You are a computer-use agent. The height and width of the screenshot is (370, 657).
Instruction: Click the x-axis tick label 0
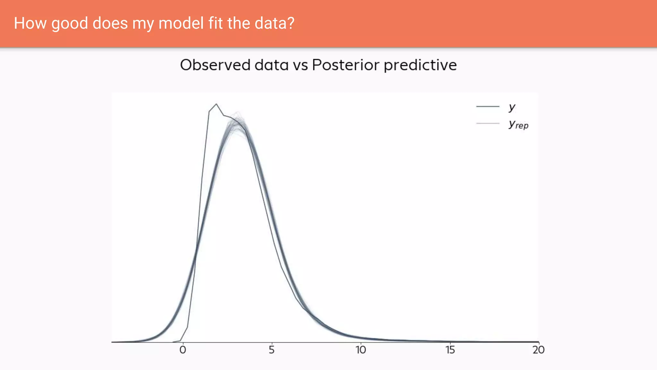click(183, 350)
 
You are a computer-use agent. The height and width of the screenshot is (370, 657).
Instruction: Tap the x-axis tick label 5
click(272, 350)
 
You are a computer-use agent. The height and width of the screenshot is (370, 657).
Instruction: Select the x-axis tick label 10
click(361, 350)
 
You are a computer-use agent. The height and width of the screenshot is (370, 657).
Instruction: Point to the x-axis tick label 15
click(450, 350)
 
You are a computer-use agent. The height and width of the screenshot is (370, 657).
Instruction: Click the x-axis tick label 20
click(538, 350)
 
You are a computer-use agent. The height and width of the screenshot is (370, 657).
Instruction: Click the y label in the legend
click(512, 107)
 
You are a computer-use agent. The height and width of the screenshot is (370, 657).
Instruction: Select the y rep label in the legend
click(518, 124)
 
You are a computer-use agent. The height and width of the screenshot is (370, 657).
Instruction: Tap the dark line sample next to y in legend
click(488, 106)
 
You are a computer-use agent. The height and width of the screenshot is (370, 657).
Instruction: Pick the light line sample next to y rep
click(488, 123)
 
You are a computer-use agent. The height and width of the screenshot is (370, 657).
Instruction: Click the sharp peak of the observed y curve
click(217, 104)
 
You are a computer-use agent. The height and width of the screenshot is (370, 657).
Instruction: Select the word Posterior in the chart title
click(346, 65)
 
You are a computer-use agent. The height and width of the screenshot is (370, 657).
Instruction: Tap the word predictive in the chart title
click(420, 66)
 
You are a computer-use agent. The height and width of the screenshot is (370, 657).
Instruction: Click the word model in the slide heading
click(181, 23)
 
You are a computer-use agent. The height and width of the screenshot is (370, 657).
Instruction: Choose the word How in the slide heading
click(30, 23)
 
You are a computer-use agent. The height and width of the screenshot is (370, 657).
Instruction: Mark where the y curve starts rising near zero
click(181, 341)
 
